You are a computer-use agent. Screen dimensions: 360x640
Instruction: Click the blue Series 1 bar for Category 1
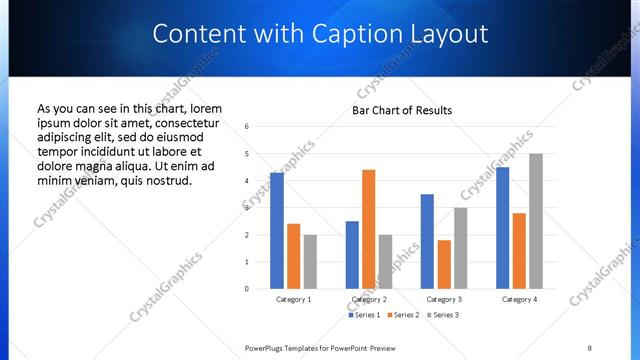[x=277, y=231]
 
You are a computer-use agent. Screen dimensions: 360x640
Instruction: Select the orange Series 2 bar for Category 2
[x=368, y=229]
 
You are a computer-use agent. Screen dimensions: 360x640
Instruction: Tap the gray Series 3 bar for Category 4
[x=536, y=221]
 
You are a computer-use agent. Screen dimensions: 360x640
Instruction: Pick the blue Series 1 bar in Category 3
[x=427, y=241]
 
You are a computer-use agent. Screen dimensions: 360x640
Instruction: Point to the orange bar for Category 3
[x=444, y=264]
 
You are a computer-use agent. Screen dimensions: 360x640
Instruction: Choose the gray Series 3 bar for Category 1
[x=310, y=261]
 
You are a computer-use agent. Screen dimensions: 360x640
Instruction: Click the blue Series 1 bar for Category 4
[x=502, y=228]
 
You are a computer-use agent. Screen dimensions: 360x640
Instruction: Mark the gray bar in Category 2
[x=385, y=261]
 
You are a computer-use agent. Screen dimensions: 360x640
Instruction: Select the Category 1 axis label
[x=294, y=299]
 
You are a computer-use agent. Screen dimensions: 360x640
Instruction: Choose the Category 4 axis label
[x=519, y=299]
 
